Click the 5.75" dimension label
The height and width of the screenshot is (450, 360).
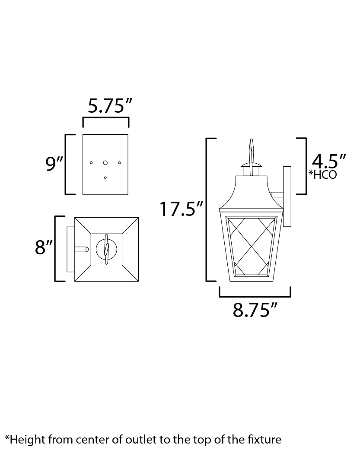[x=106, y=106]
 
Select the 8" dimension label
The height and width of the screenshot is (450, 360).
[x=44, y=248]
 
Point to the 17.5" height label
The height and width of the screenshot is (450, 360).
[x=181, y=209]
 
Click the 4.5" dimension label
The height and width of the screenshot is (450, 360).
[x=328, y=162]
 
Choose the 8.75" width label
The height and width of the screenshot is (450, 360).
[x=255, y=310]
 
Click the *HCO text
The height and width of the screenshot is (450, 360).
[x=322, y=175]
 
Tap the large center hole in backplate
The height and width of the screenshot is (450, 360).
[x=105, y=162]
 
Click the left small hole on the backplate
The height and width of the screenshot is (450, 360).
[x=91, y=162]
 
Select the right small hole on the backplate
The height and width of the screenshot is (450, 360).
[x=120, y=162]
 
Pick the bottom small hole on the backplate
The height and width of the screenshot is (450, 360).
[x=105, y=177]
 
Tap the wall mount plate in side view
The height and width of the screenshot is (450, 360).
[x=287, y=196]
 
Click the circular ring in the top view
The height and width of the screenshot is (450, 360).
[x=106, y=248]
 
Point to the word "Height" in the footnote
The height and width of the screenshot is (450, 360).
[x=24, y=440]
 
